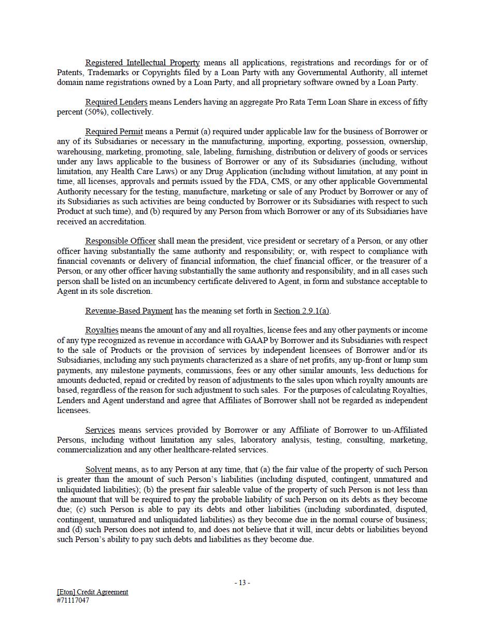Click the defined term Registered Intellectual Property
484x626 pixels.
[x=141, y=63]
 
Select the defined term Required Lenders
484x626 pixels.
[x=116, y=102]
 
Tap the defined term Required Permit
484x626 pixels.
[x=114, y=132]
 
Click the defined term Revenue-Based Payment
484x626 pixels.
[x=129, y=311]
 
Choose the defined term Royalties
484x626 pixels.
[x=102, y=330]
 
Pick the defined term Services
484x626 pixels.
[x=100, y=430]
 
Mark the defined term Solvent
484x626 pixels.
[x=98, y=470]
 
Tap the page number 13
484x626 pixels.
[x=242, y=582]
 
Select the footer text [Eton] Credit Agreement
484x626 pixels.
[x=92, y=592]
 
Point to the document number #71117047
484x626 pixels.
[x=73, y=601]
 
